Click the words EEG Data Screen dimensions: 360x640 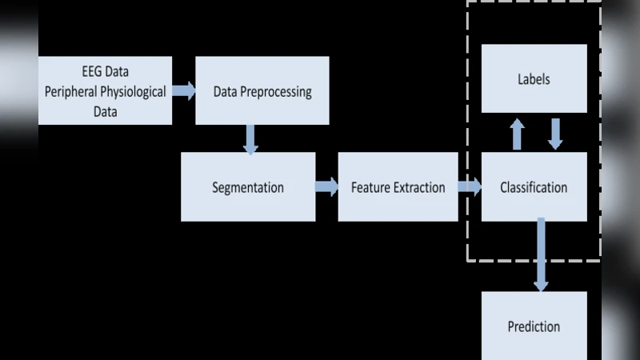coord(105,72)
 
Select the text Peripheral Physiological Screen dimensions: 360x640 coord(105,91)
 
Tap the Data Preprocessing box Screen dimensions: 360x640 coord(262,90)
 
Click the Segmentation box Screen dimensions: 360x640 coord(247,187)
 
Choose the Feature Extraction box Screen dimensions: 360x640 coord(398,187)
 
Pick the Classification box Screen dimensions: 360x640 coord(534,187)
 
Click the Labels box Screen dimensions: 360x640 coord(534,78)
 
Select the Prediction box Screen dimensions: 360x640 coord(534,326)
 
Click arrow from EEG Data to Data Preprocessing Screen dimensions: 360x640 coord(184,90)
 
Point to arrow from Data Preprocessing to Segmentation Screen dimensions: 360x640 coord(251,138)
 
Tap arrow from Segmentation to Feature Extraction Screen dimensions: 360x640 coord(326,187)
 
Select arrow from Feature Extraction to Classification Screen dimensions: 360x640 coord(470,187)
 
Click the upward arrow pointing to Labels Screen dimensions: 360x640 coord(518,134)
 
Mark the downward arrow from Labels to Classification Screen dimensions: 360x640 coord(555,134)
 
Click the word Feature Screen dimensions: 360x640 coord(370,187)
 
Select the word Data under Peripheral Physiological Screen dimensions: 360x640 coord(105,111)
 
